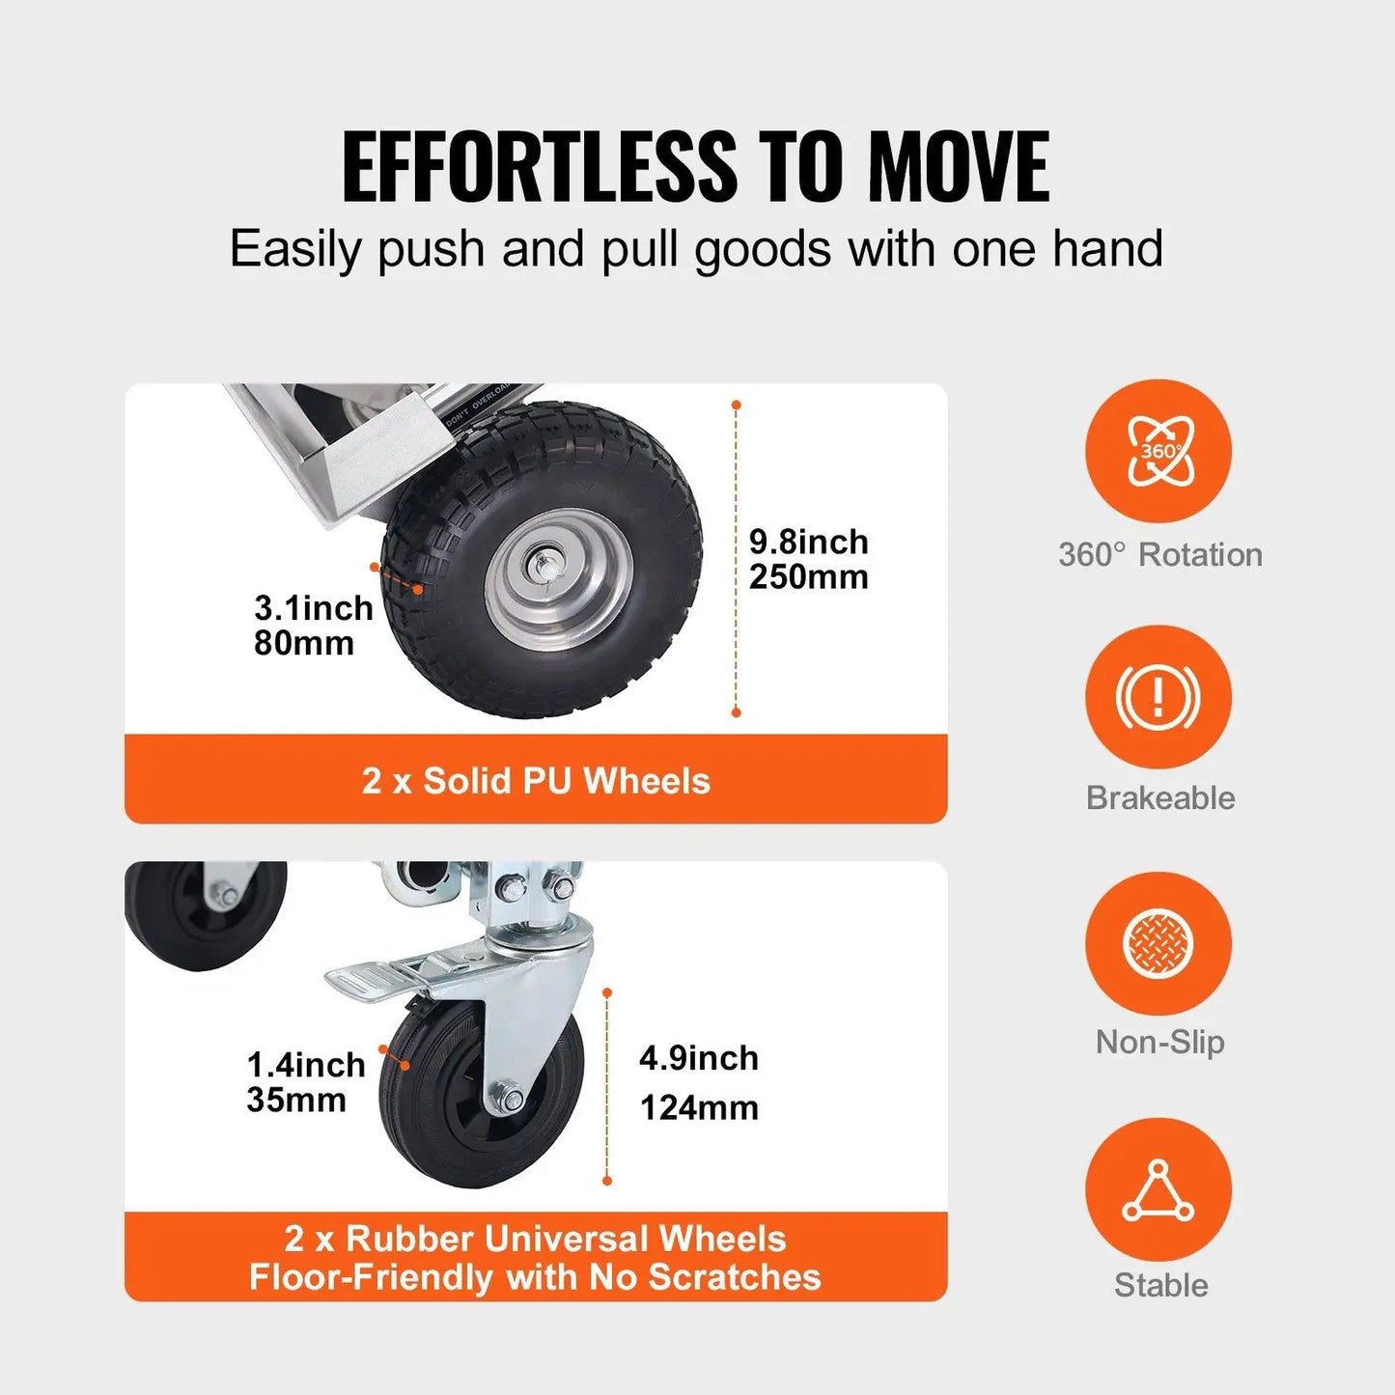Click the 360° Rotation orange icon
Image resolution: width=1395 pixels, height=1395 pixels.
1158,452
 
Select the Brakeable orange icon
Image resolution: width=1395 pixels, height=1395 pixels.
1158,696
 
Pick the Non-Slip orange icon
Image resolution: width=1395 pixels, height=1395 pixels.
1158,943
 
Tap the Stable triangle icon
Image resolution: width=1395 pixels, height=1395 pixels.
1158,1190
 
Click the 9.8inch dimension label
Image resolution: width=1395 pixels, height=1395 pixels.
808,543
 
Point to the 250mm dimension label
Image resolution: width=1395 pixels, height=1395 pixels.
808,577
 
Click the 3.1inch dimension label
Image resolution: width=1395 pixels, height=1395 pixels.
313,608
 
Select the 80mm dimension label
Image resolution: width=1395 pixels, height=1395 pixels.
303,643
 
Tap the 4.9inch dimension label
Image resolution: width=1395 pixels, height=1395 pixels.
698,1058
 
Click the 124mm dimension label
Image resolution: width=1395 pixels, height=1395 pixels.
699,1107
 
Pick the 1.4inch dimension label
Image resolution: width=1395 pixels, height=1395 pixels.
306,1065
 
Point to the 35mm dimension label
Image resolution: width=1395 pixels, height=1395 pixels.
295,1100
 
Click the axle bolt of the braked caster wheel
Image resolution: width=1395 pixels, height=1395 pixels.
509,1099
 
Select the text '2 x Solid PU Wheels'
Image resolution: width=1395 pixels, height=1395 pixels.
536,781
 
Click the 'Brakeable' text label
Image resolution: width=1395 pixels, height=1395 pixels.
1159,798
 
